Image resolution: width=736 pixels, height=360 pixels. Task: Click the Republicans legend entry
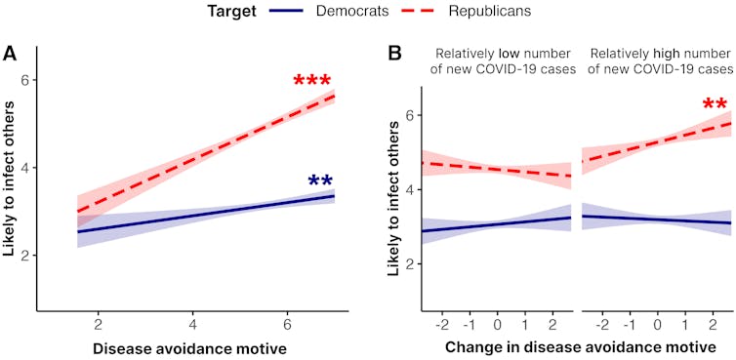coord(504,13)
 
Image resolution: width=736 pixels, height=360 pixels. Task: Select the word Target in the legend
coord(233,13)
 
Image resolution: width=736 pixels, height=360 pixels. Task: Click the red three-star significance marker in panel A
coord(312,83)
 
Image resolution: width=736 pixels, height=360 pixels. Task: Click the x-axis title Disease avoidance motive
coord(176,347)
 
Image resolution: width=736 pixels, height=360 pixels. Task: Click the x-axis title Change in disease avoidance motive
coord(576,347)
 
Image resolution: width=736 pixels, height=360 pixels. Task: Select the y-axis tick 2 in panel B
coord(411,264)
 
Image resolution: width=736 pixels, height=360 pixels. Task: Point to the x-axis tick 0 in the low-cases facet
coord(497,322)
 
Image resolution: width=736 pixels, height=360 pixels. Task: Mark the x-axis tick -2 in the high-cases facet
coord(602,322)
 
